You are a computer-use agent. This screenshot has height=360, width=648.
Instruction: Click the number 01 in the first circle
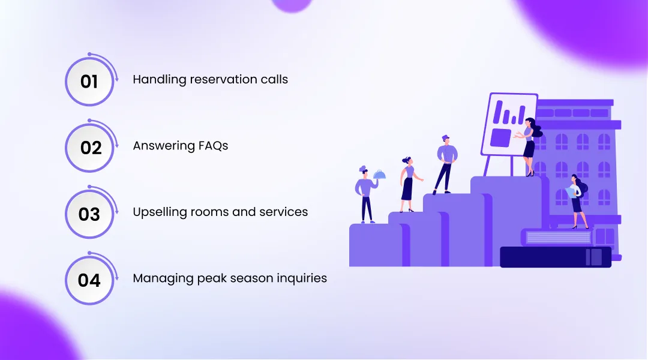[x=89, y=82]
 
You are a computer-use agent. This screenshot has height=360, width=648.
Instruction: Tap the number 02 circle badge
[x=91, y=148]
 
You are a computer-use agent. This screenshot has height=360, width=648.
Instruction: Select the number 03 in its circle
[x=89, y=214]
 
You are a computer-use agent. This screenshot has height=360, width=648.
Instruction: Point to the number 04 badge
[x=89, y=280]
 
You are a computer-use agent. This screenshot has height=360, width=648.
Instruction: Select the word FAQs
[x=214, y=146]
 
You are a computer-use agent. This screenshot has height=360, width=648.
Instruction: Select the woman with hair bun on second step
[x=408, y=185]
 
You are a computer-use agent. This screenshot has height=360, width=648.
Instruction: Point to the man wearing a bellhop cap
[x=445, y=162]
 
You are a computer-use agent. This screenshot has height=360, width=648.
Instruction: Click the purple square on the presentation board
[x=500, y=137]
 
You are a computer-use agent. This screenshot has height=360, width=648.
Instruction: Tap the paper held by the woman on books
[x=571, y=192]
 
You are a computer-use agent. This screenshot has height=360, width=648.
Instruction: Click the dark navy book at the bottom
[x=555, y=257]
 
